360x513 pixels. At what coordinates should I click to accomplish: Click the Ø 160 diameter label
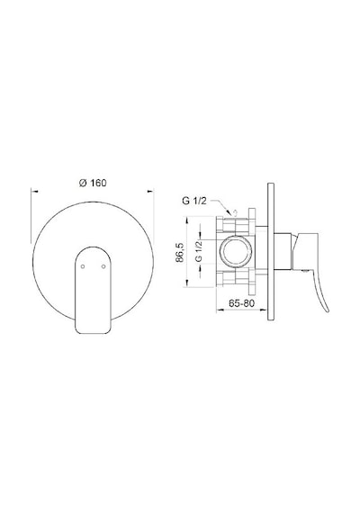[x=93, y=183]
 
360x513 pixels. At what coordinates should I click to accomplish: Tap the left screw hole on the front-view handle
[x=83, y=266]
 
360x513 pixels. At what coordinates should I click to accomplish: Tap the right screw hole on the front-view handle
[x=103, y=266]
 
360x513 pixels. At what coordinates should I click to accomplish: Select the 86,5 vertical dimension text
[x=180, y=252]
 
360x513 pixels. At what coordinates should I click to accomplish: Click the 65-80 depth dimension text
[x=241, y=303]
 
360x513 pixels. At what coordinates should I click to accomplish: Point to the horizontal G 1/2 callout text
[x=194, y=201]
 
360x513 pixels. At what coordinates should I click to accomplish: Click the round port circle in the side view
[x=238, y=251]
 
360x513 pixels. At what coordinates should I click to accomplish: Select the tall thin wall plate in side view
[x=271, y=251]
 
